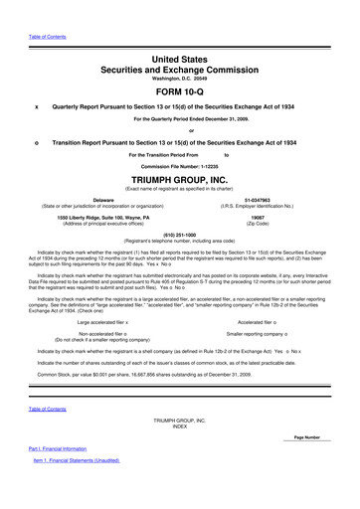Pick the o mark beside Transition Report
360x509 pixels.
[37, 140]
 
